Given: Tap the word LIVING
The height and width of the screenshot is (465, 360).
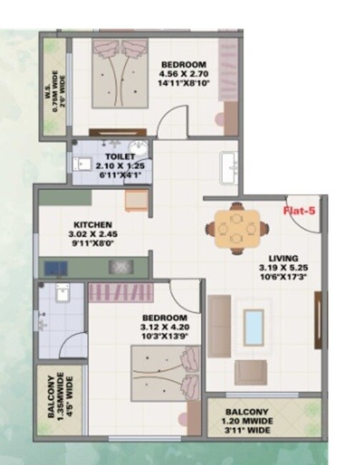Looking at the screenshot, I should click(283, 258).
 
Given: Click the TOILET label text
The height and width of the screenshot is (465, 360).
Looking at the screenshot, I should click(115, 155).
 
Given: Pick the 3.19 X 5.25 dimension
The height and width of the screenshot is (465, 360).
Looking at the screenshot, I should click(283, 268).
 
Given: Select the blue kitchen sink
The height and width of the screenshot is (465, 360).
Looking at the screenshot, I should click(54, 268).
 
